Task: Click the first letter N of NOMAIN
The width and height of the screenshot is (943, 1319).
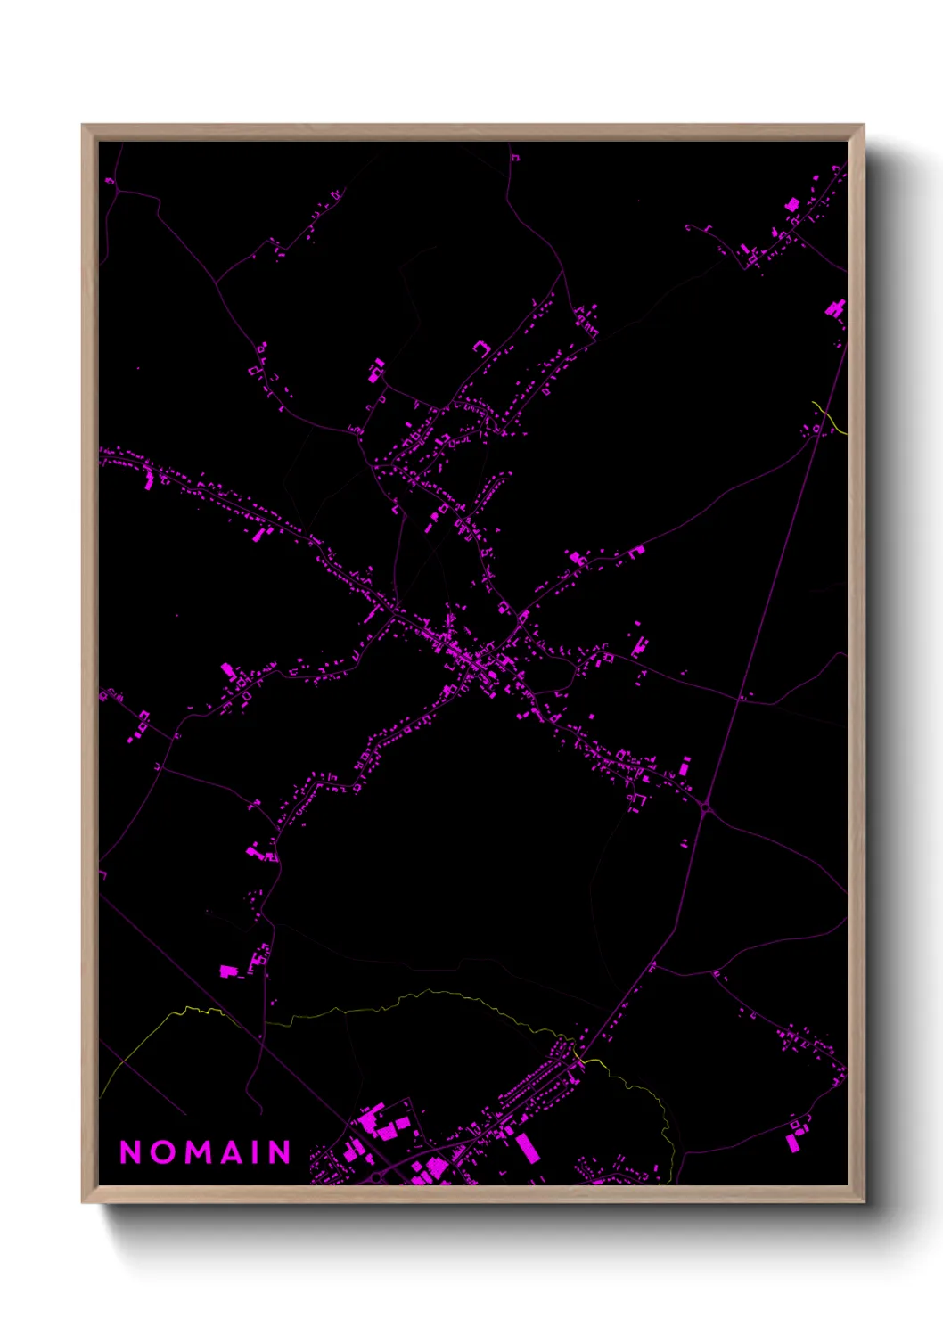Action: [130, 1151]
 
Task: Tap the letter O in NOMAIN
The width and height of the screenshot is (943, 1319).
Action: [163, 1151]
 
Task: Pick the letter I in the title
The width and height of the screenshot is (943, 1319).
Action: [257, 1151]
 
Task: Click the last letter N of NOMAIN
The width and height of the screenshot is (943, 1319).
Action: [281, 1151]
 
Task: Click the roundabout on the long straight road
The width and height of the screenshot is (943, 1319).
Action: [706, 809]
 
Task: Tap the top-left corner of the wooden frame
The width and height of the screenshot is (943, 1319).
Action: [83, 126]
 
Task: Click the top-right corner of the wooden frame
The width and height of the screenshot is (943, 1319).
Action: [863, 126]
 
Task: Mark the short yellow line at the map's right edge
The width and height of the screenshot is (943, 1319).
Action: [831, 417]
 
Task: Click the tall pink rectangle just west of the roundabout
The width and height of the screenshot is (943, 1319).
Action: [685, 766]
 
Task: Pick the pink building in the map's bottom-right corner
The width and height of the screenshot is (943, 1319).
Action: [794, 1140]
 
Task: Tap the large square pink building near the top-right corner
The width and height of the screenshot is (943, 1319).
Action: [791, 206]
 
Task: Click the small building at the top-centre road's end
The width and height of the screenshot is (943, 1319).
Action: [515, 158]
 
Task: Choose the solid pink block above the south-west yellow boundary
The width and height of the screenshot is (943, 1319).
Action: [228, 971]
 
